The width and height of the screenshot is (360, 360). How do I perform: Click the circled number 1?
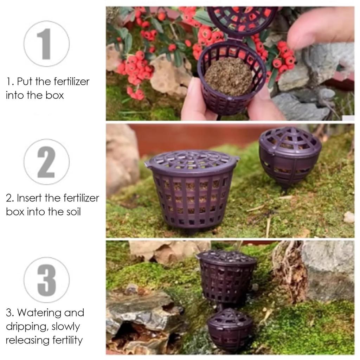tap(46, 44)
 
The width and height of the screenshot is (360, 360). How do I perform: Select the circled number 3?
tap(46, 280)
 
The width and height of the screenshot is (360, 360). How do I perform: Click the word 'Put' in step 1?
tap(25, 82)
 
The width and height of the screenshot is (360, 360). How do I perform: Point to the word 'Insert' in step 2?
tap(30, 198)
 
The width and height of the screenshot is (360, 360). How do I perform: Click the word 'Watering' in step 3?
tap(39, 313)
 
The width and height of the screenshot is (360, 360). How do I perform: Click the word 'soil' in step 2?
tap(72, 212)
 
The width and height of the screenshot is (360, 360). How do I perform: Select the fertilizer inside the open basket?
tap(228, 76)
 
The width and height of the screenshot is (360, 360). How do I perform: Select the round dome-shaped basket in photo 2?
tap(290, 155)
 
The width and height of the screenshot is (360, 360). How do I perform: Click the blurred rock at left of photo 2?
tap(121, 158)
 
